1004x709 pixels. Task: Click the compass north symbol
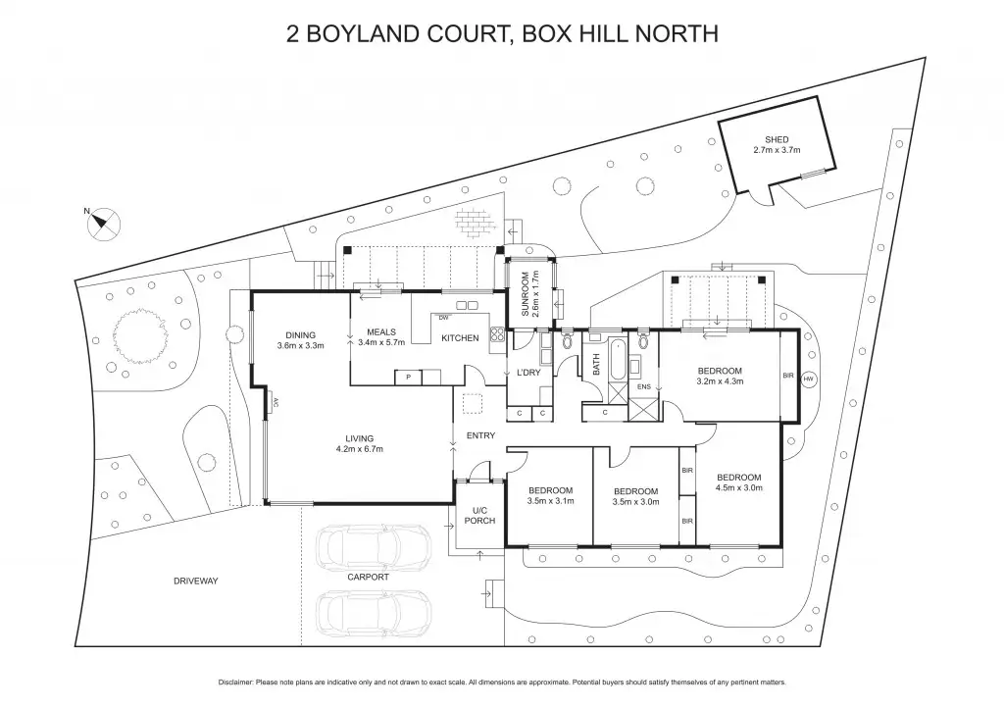pos(102,224)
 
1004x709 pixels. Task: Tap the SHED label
pos(777,139)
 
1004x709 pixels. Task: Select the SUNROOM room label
pos(526,294)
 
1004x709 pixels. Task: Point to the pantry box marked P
pos(409,378)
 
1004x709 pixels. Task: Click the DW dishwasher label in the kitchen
pos(443,318)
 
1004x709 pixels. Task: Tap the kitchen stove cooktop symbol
pos(497,334)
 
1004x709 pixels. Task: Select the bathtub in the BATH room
pos(617,360)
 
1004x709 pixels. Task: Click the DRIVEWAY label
pos(196,581)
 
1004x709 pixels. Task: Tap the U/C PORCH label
pos(479,516)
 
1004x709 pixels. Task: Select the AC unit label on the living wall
pos(276,402)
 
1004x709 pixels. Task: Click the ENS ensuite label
pos(643,386)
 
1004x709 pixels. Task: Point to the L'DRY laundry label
pos(528,373)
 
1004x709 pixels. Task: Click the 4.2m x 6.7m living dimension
pos(359,449)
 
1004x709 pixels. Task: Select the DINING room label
pos(300,335)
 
